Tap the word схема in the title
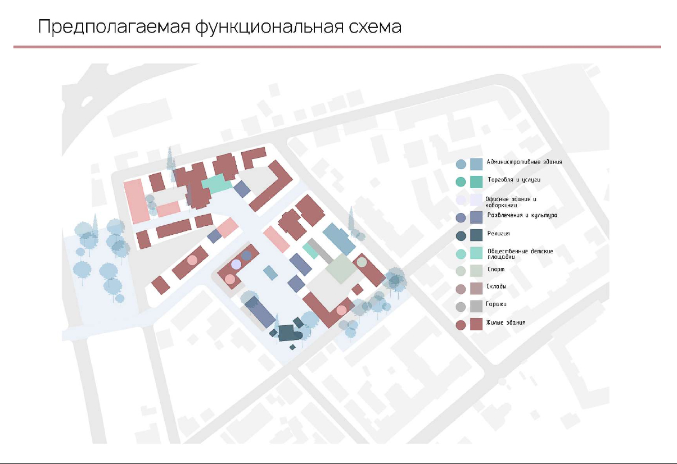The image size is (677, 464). [x=374, y=27]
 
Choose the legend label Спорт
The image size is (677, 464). [x=496, y=270]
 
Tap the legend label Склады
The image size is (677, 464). [x=497, y=287]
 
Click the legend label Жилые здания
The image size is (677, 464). [x=507, y=323]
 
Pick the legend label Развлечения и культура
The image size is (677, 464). [x=522, y=215]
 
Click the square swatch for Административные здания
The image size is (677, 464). [x=476, y=164]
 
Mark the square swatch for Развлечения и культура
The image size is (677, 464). [x=476, y=217]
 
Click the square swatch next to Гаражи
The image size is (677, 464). [x=476, y=306]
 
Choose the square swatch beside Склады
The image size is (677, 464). [x=476, y=288]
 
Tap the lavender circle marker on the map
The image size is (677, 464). [x=236, y=264]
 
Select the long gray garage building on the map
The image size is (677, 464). [x=319, y=251]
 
